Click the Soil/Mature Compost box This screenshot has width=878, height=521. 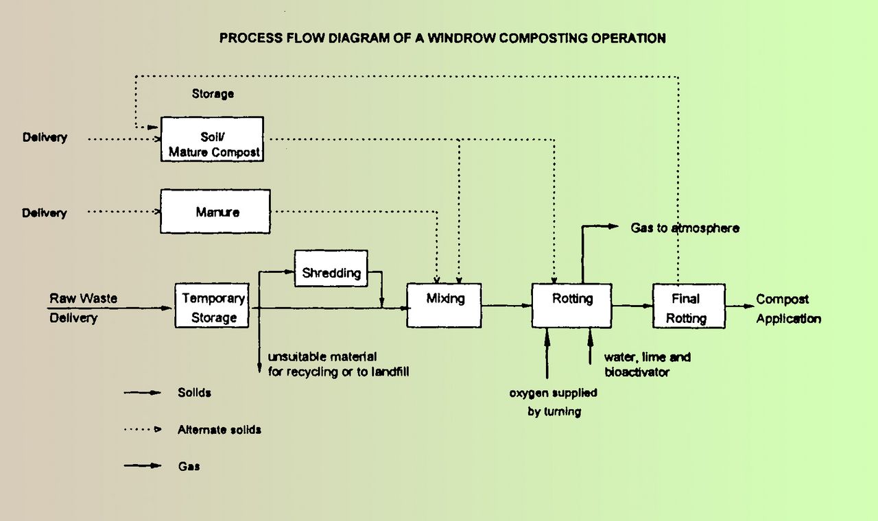(x=212, y=139)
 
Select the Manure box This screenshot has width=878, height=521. (x=215, y=211)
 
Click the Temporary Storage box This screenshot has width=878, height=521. (x=213, y=308)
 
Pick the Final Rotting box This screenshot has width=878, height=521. (x=688, y=308)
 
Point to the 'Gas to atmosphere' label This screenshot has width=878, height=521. (x=685, y=228)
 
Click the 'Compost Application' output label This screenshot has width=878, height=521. (x=787, y=308)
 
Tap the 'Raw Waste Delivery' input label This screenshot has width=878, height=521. (x=82, y=308)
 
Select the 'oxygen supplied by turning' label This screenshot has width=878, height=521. (x=553, y=402)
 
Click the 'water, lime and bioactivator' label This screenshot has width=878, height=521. (x=646, y=365)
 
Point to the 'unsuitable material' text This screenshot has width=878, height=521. (x=322, y=357)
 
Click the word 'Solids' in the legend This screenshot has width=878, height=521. (x=194, y=393)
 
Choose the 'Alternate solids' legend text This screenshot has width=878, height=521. (x=219, y=430)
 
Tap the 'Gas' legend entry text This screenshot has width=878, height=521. (x=189, y=466)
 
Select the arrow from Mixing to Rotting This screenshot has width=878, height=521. (x=506, y=306)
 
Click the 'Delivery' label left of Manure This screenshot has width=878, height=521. (x=45, y=213)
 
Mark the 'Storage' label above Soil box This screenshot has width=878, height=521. (x=213, y=93)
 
